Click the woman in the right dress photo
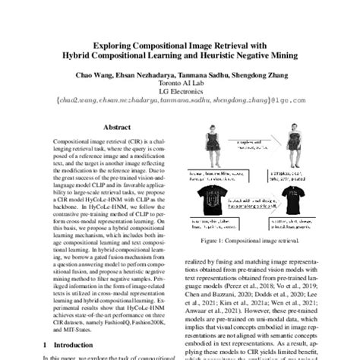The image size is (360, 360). pyautogui.click(x=292, y=144)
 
